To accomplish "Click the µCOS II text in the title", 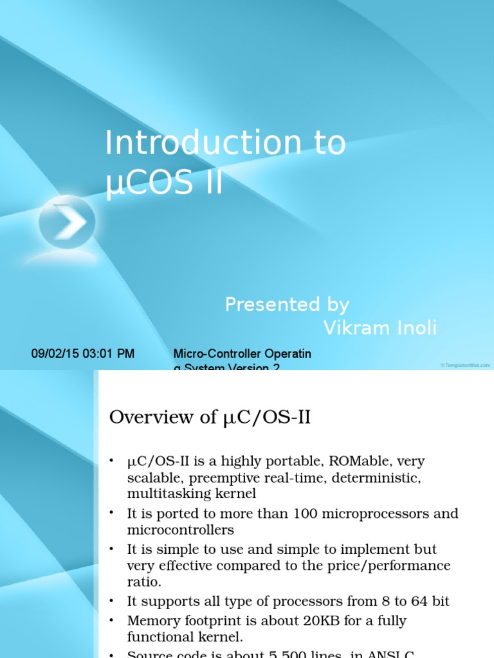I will pos(164,182).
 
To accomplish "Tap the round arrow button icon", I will pos(67,222).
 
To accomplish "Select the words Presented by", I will pos(287,305).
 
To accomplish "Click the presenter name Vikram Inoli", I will pos(380,328).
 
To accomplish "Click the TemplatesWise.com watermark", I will pos(465,365).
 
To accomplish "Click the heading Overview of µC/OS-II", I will pos(210,418).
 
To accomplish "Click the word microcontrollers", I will pos(180,530).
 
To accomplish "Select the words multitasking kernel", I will pos(192,494).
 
